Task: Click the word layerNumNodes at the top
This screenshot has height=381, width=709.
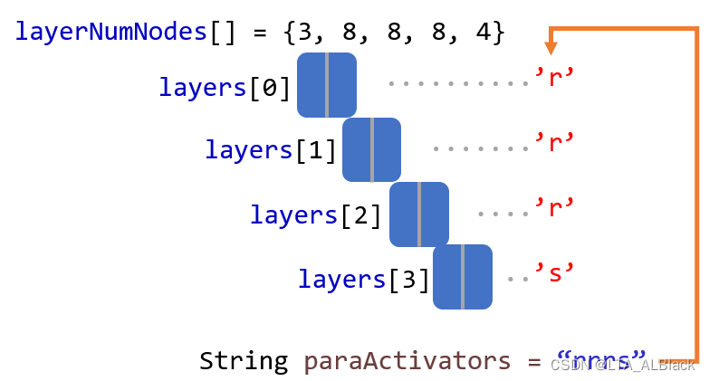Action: click(111, 33)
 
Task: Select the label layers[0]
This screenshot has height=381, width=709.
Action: click(225, 88)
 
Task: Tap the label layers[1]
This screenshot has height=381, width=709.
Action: click(271, 150)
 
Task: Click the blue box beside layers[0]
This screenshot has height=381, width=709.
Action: click(327, 85)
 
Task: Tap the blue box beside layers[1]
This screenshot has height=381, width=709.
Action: click(371, 149)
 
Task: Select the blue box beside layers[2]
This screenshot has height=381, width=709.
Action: click(419, 214)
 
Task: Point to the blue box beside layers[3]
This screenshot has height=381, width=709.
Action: click(463, 277)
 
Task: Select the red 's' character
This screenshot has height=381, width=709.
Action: click(554, 271)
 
